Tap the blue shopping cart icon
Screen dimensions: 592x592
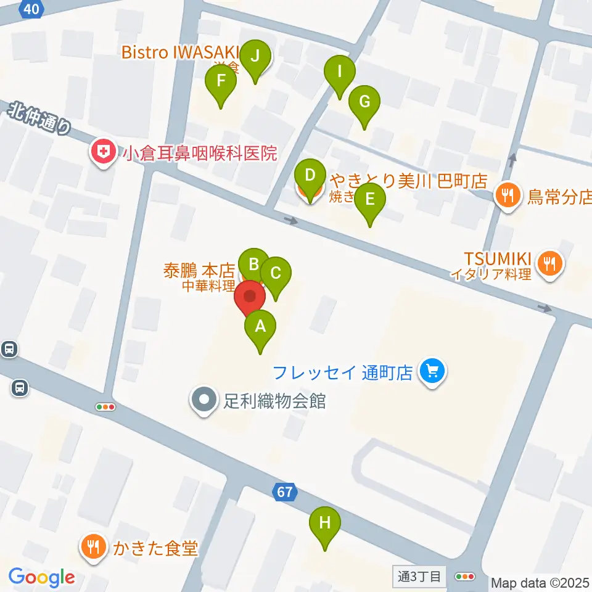click(x=432, y=371)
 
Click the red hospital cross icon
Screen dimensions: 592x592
click(x=102, y=152)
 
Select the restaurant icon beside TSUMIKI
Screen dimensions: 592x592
click(x=548, y=263)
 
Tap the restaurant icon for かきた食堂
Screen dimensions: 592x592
click(x=94, y=546)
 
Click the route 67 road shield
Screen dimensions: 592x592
click(x=284, y=492)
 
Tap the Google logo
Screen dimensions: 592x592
click(x=41, y=578)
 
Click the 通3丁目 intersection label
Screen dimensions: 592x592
click(x=419, y=577)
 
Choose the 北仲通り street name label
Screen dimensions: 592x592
click(x=41, y=119)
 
